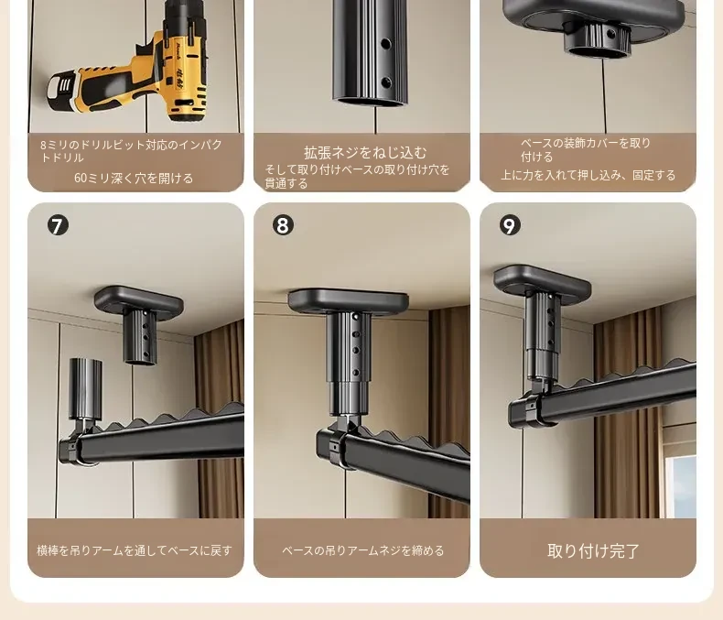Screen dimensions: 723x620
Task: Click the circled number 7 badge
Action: [x=58, y=225]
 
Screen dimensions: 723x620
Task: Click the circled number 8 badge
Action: [x=283, y=225]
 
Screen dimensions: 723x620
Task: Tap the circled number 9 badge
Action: [x=510, y=225]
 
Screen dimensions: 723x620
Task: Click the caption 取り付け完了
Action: [x=593, y=550]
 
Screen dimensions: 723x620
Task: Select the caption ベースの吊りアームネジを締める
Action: [x=363, y=550]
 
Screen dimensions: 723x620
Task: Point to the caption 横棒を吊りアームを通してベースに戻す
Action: [x=135, y=550]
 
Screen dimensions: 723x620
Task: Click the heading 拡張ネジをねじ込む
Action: [x=365, y=152]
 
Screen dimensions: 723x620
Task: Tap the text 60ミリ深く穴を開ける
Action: [x=134, y=178]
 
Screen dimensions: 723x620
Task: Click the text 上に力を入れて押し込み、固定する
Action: [x=588, y=175]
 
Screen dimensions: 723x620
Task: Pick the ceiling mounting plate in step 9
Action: [x=542, y=280]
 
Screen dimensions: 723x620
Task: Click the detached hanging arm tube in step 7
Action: [x=85, y=388]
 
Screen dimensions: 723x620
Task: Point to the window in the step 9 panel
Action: [x=681, y=485]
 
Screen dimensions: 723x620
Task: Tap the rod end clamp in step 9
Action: [x=531, y=408]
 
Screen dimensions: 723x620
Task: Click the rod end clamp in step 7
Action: [x=74, y=448]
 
